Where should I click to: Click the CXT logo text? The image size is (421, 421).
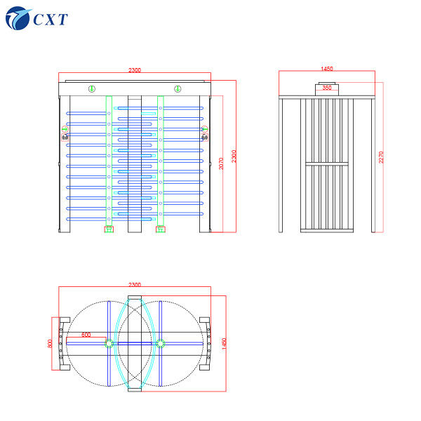50,19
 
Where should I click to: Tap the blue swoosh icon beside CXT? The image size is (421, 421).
17,18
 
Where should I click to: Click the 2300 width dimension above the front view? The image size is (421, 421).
135,70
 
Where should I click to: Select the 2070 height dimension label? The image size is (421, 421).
222,163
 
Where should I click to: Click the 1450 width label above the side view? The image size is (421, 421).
326,69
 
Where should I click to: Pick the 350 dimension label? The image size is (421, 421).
326,88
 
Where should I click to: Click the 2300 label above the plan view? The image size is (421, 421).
135,285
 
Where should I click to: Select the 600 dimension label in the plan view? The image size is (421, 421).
86,335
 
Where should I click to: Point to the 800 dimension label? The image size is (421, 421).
51,342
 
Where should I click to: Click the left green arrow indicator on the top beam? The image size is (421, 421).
91,88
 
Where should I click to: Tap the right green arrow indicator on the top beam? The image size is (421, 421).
178,88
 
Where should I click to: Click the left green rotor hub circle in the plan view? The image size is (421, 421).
109,343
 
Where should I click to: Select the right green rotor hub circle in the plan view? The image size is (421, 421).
161,343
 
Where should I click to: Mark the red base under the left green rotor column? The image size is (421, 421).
109,228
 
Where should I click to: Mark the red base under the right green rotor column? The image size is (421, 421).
161,228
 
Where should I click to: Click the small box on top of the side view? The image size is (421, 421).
326,88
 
